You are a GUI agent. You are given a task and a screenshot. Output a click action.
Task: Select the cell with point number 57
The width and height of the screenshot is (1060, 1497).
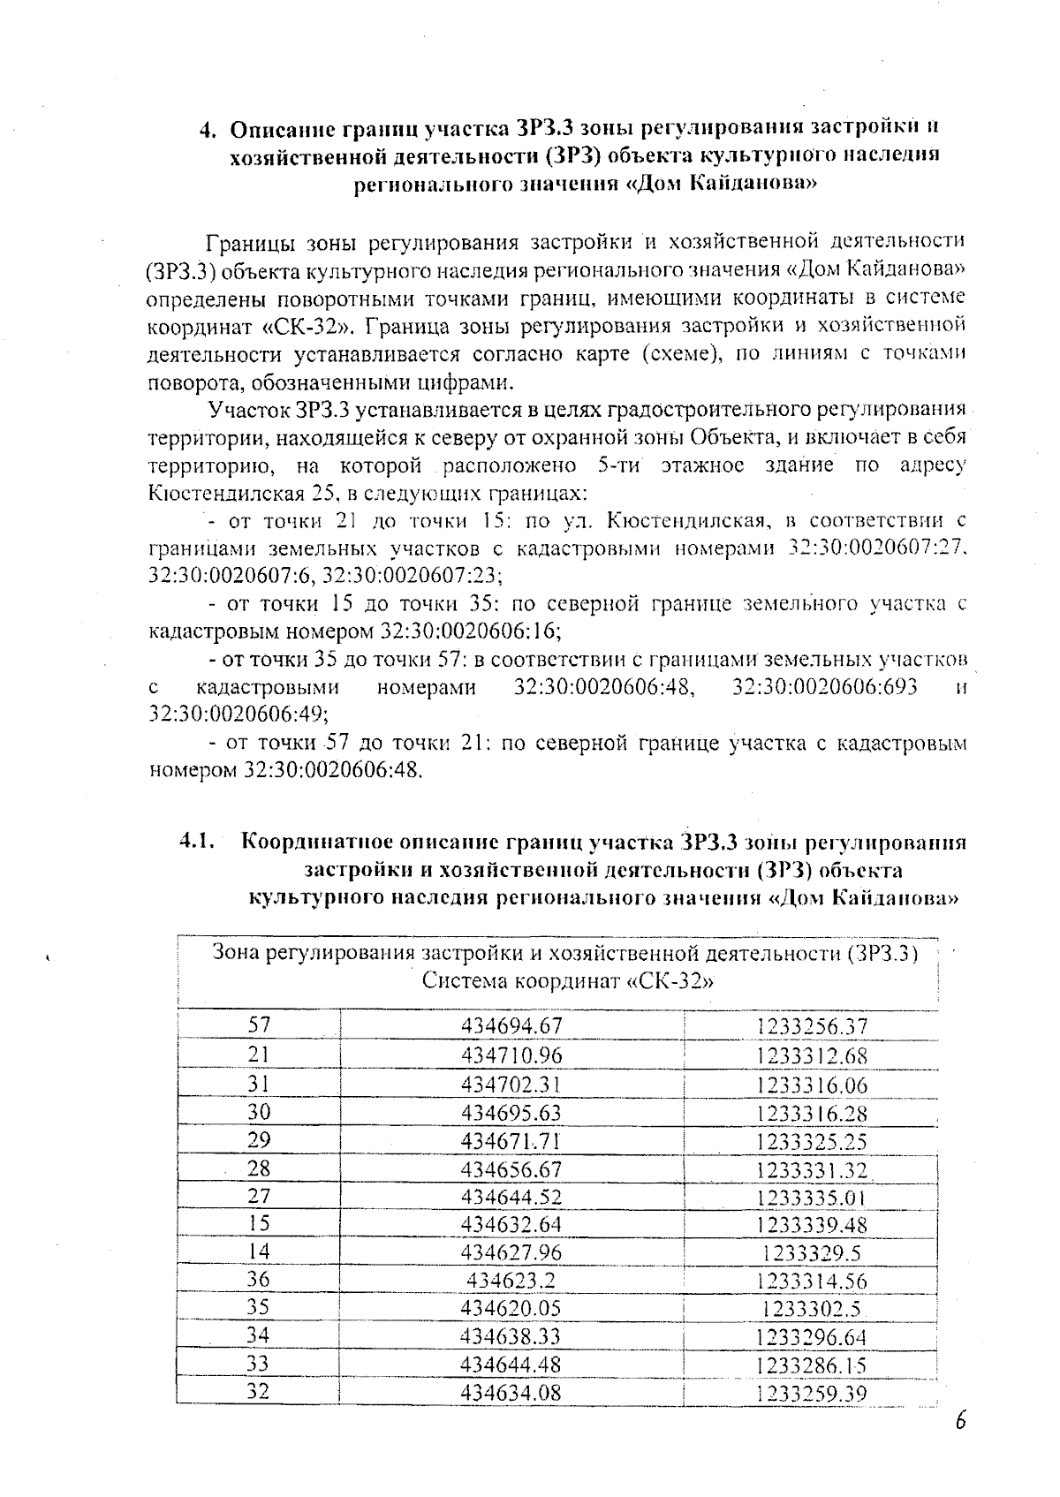click(258, 1025)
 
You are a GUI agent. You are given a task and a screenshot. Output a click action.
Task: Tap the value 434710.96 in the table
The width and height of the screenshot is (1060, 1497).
click(511, 1055)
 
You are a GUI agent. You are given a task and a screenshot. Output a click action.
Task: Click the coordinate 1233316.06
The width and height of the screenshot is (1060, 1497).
click(812, 1084)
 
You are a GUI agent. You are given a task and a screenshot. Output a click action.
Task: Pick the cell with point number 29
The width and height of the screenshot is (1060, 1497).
click(258, 1139)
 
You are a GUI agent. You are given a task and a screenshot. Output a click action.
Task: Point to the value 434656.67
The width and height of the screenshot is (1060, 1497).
click(511, 1168)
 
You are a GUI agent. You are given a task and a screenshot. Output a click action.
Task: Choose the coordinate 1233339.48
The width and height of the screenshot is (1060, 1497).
click(812, 1225)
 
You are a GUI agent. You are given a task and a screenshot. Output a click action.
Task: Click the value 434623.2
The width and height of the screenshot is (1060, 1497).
click(511, 1280)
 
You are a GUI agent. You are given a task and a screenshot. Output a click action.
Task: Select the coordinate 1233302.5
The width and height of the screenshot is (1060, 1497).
click(812, 1309)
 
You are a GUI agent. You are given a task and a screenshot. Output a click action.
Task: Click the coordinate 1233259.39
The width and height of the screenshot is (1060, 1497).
click(812, 1394)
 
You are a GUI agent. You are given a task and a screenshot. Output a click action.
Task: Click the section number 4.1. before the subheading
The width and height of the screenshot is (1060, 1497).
click(199, 841)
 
